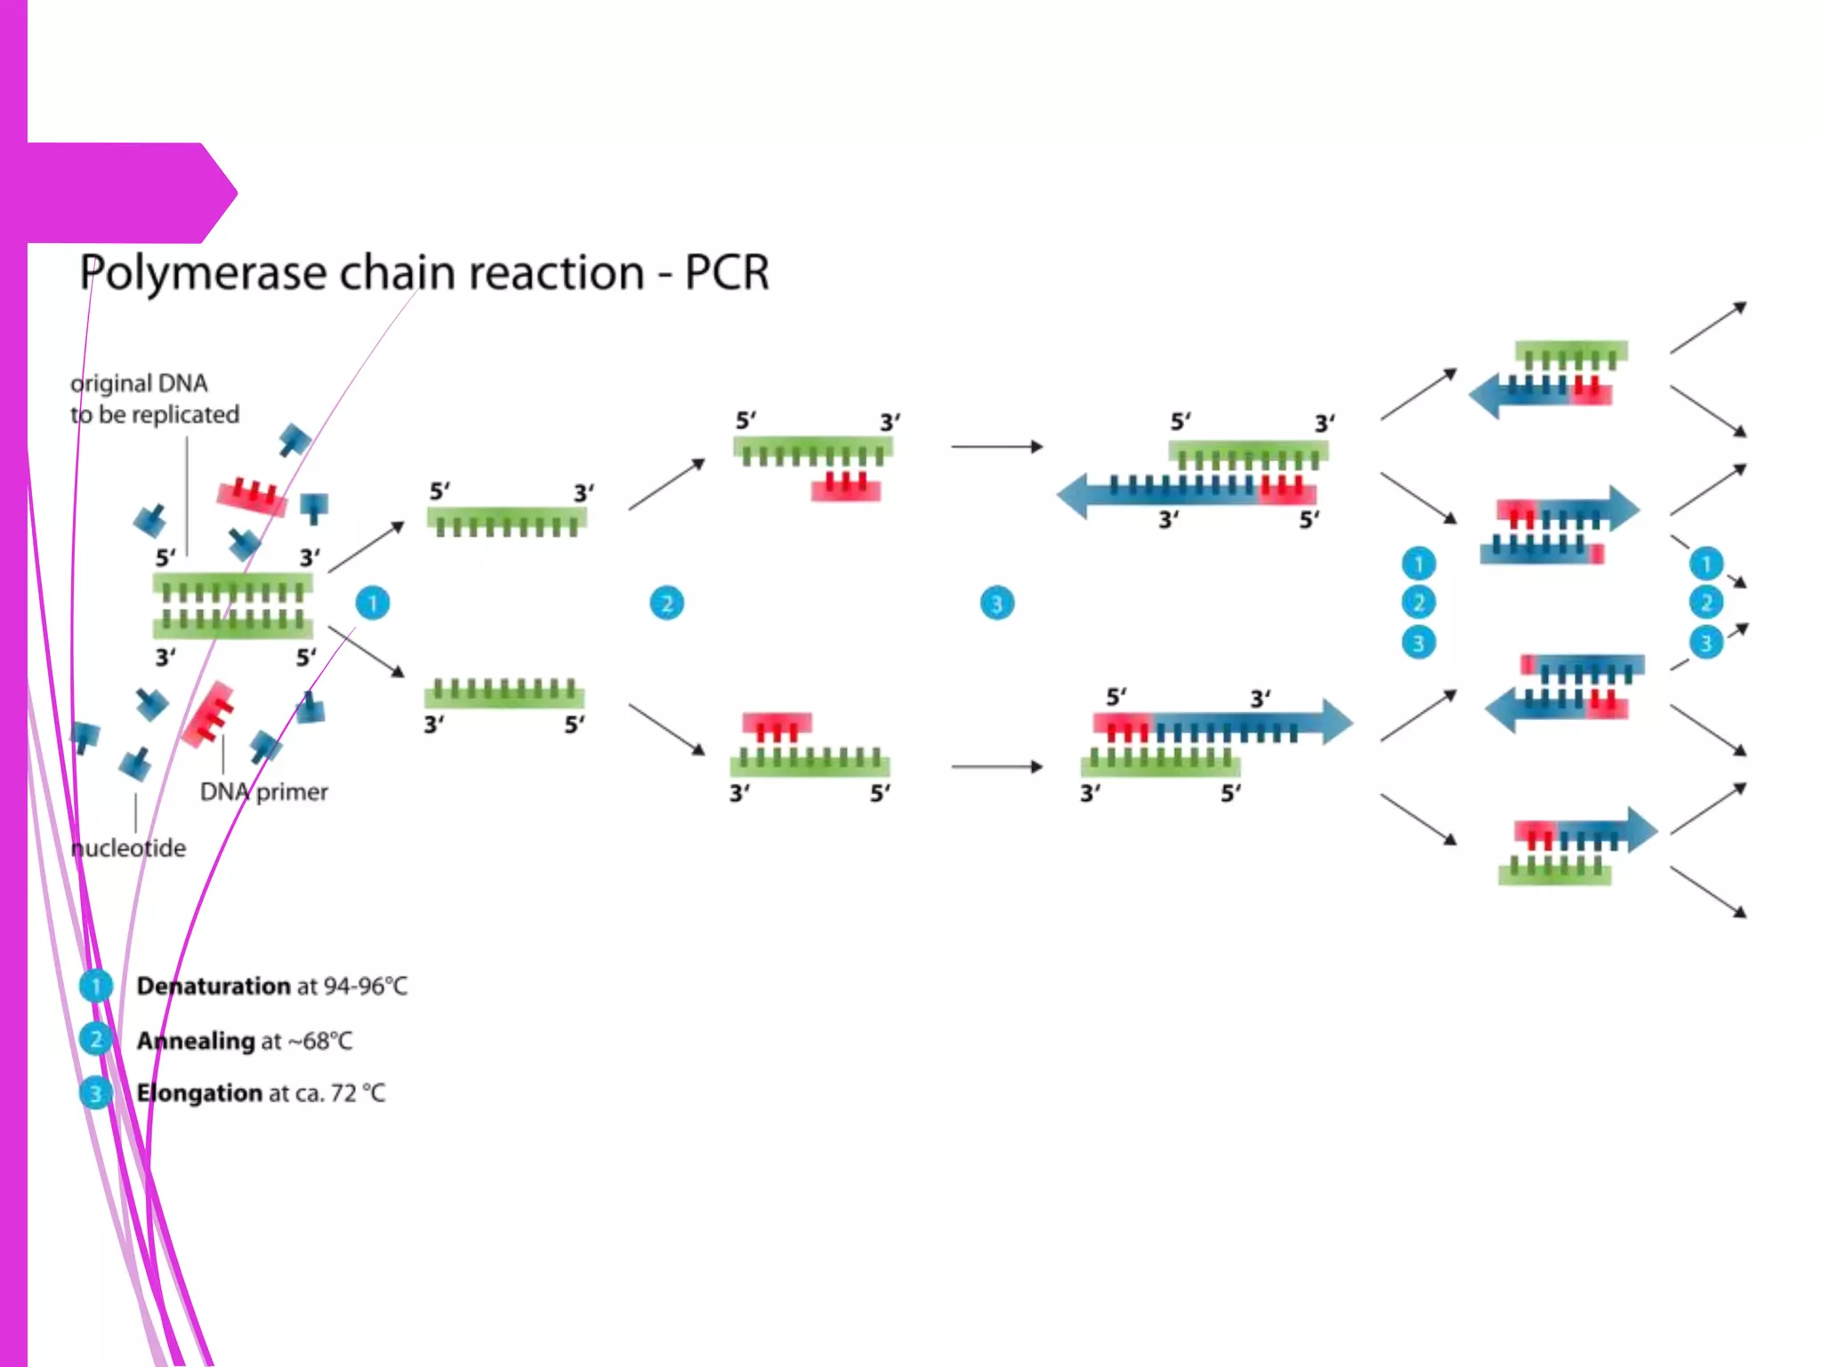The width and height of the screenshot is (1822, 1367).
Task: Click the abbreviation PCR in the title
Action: pyautogui.click(x=726, y=272)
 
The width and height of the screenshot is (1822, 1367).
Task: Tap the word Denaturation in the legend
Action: pyautogui.click(x=214, y=986)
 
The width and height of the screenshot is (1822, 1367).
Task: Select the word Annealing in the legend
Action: pyautogui.click(x=196, y=1040)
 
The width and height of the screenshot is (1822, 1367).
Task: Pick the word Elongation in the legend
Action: pyautogui.click(x=199, y=1093)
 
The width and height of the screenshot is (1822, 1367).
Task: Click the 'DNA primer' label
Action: pyautogui.click(x=263, y=791)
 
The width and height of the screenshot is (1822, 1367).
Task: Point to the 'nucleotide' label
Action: pyautogui.click(x=129, y=848)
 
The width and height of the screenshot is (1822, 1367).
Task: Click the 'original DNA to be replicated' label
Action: pyautogui.click(x=154, y=399)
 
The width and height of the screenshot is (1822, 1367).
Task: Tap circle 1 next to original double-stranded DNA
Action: pyautogui.click(x=373, y=603)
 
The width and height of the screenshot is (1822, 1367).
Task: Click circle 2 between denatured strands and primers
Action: pyautogui.click(x=667, y=603)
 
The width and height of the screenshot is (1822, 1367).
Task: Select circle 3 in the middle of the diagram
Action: pyautogui.click(x=997, y=603)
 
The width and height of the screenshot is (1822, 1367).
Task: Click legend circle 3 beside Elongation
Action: pyautogui.click(x=95, y=1093)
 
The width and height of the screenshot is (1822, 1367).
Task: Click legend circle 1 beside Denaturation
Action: pyautogui.click(x=95, y=986)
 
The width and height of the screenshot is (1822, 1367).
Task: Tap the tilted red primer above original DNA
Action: pyautogui.click(x=253, y=497)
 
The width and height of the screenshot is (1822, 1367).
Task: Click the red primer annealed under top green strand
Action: pyautogui.click(x=846, y=488)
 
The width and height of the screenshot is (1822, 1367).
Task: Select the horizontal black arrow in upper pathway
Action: pyautogui.click(x=996, y=446)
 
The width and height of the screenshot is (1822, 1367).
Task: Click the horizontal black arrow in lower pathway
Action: pyautogui.click(x=996, y=766)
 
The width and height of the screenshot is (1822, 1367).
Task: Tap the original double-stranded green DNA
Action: pyautogui.click(x=233, y=605)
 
